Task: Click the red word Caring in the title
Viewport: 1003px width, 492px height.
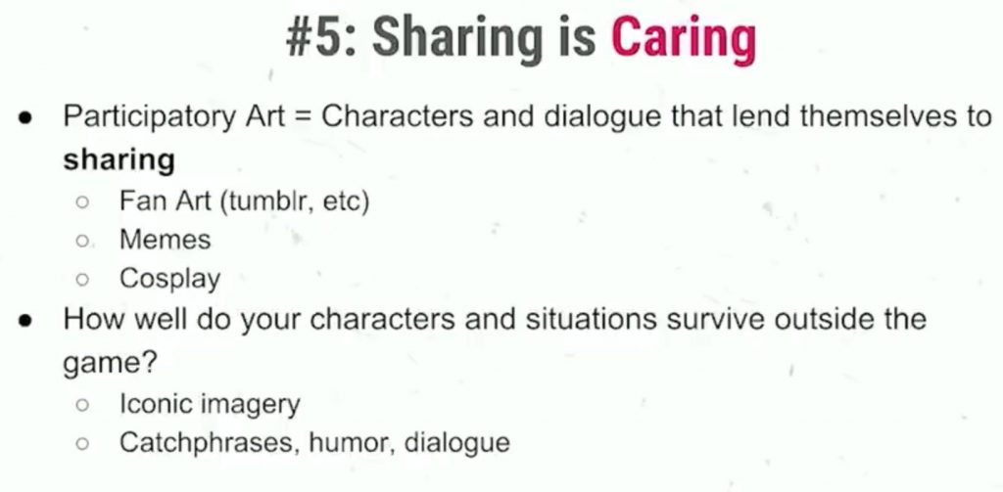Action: click(x=683, y=40)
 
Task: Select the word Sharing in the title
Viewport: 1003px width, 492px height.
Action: click(x=457, y=40)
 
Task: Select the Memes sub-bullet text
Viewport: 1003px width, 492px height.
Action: click(x=165, y=241)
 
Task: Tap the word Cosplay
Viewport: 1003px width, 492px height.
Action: click(x=170, y=279)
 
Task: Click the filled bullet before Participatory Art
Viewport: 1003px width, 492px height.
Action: click(x=24, y=119)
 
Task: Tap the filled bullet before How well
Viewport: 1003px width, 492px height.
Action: click(x=24, y=320)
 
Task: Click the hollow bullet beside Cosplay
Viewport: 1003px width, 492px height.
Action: click(x=82, y=279)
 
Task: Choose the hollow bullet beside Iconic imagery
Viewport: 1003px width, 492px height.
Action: click(x=82, y=405)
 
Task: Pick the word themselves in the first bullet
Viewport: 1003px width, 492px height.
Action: click(x=879, y=117)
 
